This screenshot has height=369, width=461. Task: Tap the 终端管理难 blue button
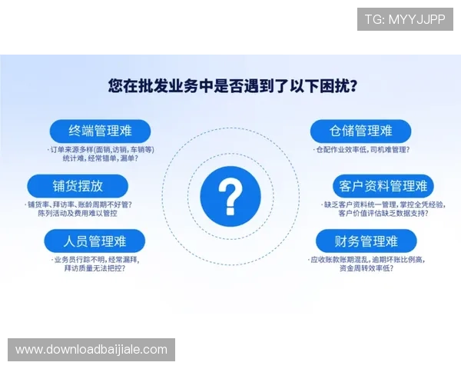[x=100, y=130]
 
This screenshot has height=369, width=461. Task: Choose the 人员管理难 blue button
[x=95, y=241]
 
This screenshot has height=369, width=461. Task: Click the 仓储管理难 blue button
[x=360, y=130]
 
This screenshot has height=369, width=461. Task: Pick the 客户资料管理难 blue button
[x=383, y=185]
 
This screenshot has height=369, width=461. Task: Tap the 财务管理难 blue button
[x=366, y=241]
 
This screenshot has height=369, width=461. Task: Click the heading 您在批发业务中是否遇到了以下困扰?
[x=230, y=85]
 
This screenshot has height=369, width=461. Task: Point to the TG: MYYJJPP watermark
[x=404, y=18]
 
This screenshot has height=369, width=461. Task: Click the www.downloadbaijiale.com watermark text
[x=91, y=350]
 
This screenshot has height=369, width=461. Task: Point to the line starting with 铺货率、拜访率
[x=79, y=204]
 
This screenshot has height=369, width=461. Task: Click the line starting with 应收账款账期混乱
[x=366, y=260]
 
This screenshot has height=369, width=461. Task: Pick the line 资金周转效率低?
[x=366, y=269]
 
